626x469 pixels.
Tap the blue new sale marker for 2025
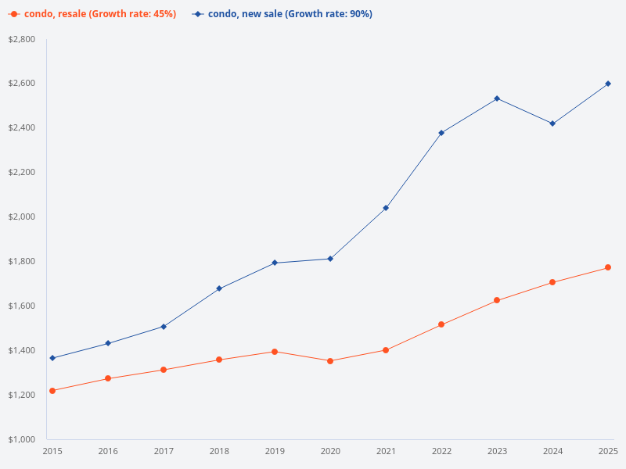tap(608, 84)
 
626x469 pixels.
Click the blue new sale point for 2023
tap(497, 98)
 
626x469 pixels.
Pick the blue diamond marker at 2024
tap(552, 124)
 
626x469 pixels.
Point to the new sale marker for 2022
tap(441, 133)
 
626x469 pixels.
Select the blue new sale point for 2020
tap(330, 259)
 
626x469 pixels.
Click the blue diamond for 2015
tap(52, 358)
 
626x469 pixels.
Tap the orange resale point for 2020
tap(330, 361)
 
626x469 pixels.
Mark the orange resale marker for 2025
tap(608, 268)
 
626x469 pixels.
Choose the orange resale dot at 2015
tap(52, 391)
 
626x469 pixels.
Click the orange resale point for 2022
tap(441, 324)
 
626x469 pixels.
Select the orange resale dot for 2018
tap(219, 360)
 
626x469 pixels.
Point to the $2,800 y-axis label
tap(21, 39)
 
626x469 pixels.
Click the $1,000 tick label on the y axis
tap(21, 439)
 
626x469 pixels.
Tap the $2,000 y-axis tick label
tap(21, 217)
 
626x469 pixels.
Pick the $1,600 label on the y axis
tap(21, 306)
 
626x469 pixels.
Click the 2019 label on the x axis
tap(275, 452)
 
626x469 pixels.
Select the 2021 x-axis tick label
tap(386, 452)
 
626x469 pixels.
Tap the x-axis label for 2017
tap(164, 452)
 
